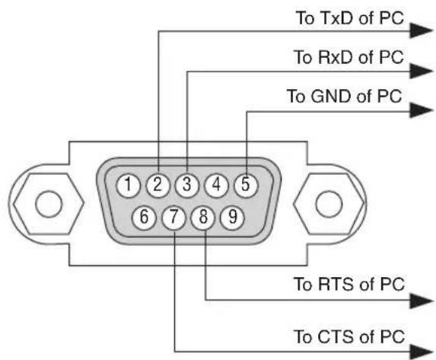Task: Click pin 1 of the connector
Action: (x=128, y=185)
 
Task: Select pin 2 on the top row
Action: (x=158, y=185)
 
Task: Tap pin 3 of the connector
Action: (x=187, y=185)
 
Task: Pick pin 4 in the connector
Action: (x=216, y=185)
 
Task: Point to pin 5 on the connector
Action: (x=246, y=185)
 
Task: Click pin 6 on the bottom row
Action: (x=144, y=217)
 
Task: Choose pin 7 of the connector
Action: (x=173, y=217)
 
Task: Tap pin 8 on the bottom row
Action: (x=203, y=217)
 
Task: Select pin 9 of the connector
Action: (x=233, y=217)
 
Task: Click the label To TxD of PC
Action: (x=349, y=18)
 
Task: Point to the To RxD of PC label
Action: (x=348, y=57)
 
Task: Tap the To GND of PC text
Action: (x=345, y=96)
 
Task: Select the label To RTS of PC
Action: (x=349, y=284)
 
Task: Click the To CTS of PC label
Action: (x=349, y=336)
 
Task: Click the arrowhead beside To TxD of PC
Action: (x=422, y=30)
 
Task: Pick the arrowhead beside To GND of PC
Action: (x=422, y=110)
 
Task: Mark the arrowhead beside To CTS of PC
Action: (x=422, y=352)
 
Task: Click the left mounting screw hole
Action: (x=49, y=204)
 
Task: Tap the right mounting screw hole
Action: (x=329, y=204)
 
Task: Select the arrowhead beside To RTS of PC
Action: (x=422, y=301)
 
